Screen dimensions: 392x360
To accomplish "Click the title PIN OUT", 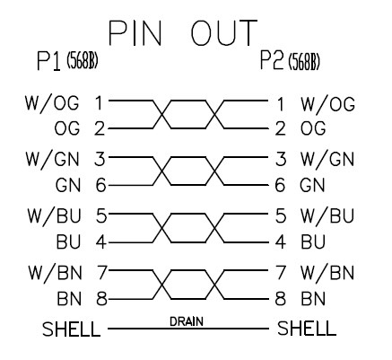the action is (x=183, y=33).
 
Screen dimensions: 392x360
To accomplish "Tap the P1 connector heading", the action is (x=48, y=61).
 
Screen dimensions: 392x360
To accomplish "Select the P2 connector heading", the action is (x=272, y=60).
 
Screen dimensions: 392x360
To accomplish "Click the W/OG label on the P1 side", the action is (x=52, y=103).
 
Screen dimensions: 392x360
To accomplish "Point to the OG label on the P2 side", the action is (x=313, y=128).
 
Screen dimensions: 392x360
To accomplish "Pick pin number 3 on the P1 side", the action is (x=100, y=159).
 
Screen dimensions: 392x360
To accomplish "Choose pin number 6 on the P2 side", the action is (x=280, y=185).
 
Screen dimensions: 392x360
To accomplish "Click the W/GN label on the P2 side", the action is (x=327, y=159).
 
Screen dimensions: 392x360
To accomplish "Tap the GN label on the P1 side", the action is (x=68, y=185).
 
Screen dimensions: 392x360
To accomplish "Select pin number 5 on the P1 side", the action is (x=101, y=215).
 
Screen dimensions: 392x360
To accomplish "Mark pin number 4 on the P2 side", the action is (x=280, y=241).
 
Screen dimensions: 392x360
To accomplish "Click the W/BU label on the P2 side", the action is (x=327, y=215).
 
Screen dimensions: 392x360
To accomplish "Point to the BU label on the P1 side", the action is (x=69, y=241).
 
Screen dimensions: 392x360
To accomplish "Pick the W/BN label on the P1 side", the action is (x=55, y=272).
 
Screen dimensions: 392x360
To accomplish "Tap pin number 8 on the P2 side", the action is (x=280, y=299).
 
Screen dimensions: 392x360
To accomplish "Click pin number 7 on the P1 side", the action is (x=101, y=272).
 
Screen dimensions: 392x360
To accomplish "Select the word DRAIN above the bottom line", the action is (x=187, y=321).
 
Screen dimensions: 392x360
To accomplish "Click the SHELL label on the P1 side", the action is (x=71, y=329).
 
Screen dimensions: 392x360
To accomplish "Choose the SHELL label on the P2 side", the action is (x=307, y=328).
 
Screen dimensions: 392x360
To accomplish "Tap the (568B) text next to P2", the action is (x=304, y=63).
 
